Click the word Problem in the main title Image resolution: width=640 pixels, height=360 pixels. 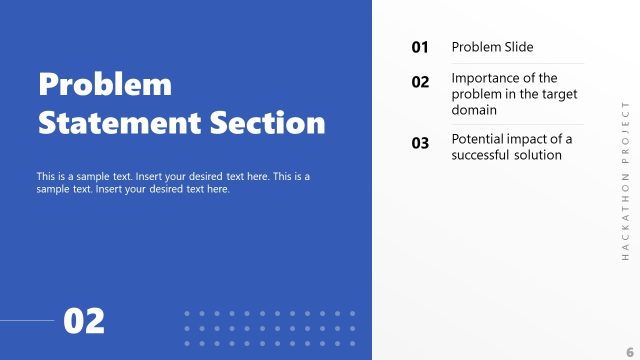coord(105,84)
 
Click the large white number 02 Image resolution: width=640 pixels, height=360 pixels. coord(84,321)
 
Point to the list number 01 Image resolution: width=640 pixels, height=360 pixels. coord(420,47)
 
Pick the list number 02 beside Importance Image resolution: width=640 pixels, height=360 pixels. coord(420,82)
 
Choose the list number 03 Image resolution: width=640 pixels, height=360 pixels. coord(420,143)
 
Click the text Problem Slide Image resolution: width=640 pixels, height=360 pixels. coord(492,47)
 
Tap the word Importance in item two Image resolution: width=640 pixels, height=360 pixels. coord(488,78)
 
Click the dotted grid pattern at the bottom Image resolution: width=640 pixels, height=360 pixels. coord(270,328)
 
